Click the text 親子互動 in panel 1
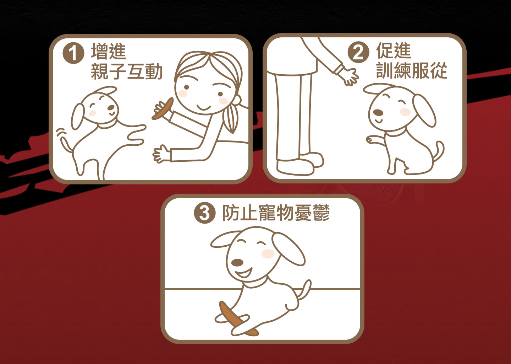[x=127, y=71]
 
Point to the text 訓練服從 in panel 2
[x=412, y=70]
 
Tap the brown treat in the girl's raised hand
[x=163, y=108]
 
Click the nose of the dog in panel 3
[x=237, y=263]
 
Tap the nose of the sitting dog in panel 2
[x=378, y=112]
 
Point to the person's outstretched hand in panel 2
[x=347, y=75]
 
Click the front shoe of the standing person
[x=295, y=167]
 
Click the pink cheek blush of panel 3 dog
[x=268, y=254]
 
